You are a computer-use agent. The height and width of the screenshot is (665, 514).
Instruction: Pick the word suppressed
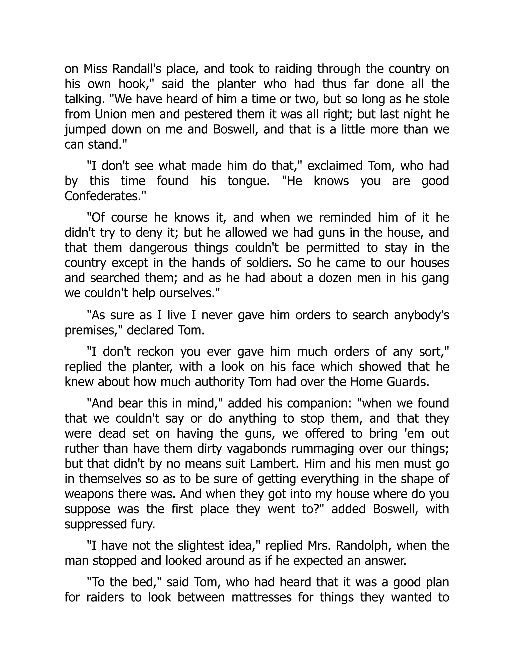point(107,524)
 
